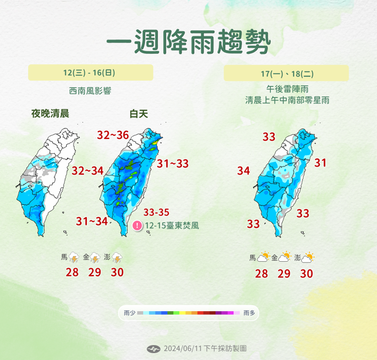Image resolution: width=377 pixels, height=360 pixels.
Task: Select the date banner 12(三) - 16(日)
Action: [x=90, y=72]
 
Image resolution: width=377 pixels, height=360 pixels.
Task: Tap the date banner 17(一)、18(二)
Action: [x=286, y=73]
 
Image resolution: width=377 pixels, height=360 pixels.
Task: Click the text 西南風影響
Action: [x=90, y=91]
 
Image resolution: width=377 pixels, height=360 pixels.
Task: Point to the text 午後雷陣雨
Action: [x=286, y=90]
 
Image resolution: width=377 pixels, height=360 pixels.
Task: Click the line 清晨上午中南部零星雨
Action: [x=286, y=100]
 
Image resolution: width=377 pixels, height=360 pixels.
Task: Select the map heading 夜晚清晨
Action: [x=50, y=114]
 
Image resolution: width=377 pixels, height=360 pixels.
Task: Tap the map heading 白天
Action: [x=139, y=114]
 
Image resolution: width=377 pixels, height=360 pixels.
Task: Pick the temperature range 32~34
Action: [x=87, y=171]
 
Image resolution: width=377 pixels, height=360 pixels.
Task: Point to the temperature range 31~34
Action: [x=92, y=221]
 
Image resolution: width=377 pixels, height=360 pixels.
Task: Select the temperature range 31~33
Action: [x=172, y=164]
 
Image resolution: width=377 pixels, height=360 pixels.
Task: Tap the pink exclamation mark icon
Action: [x=137, y=226]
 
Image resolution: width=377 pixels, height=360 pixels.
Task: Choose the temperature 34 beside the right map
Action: [x=243, y=171]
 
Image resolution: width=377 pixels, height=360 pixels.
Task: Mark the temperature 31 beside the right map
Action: [x=320, y=163]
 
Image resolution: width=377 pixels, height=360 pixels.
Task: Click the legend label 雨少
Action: [x=129, y=313]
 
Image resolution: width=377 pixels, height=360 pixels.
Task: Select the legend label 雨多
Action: [x=249, y=313]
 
